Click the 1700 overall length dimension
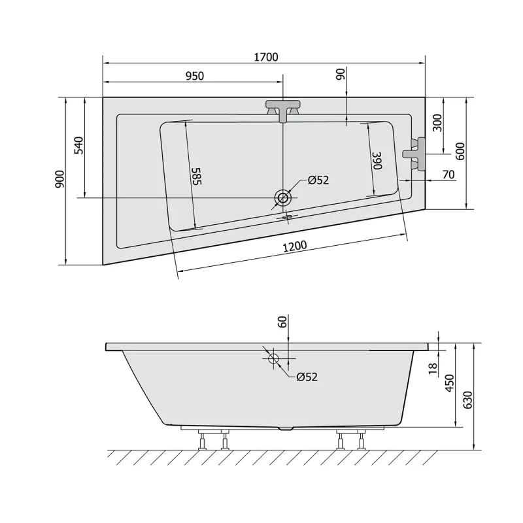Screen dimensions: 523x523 266,57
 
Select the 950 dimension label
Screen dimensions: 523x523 194,76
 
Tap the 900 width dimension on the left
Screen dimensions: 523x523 59,178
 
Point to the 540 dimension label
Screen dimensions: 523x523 78,145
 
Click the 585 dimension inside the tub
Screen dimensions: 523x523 197,176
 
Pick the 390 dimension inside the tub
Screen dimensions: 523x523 377,160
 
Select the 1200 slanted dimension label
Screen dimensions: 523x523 295,246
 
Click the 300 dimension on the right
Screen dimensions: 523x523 437,123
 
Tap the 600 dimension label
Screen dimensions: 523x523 460,152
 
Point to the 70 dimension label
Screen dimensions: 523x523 448,175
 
